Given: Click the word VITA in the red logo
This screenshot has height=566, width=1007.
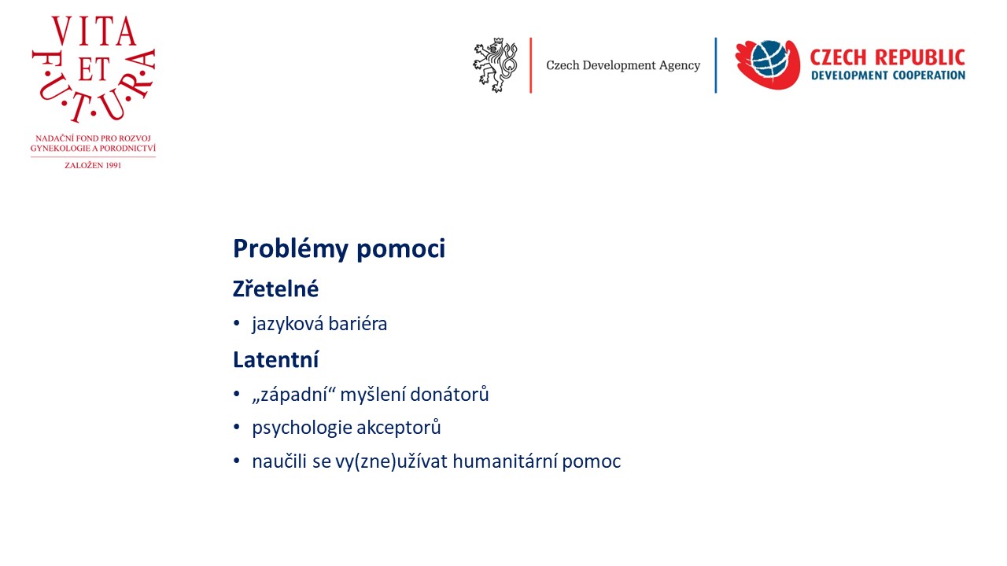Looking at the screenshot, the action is pos(94,31).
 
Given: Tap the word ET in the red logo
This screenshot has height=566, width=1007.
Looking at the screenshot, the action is pos(94,70).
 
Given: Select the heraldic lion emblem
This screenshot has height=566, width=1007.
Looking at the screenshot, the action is pos(495,65).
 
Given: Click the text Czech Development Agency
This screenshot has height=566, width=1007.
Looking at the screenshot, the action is pos(623,65).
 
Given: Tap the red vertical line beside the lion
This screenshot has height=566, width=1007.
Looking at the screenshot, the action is pos(531,65).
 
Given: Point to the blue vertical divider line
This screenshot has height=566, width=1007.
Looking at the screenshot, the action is pos(716,65).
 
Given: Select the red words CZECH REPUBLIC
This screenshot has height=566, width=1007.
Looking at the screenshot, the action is pos(887,57).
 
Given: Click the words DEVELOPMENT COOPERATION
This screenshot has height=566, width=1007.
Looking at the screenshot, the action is pos(888,75).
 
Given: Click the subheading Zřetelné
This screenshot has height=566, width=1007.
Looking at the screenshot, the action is pos(275,289).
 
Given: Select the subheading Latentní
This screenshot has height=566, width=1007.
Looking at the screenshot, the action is pos(275,360).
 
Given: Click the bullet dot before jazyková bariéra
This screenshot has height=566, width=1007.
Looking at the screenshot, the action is pos(237,323).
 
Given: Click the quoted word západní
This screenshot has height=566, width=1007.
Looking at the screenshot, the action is pos(294,395).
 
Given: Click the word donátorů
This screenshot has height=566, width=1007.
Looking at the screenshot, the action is pos(449,395).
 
